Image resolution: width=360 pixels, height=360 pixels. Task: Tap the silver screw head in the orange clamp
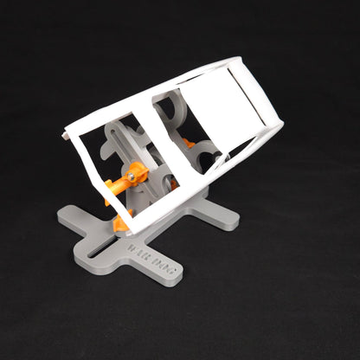pyautogui.click(x=129, y=177)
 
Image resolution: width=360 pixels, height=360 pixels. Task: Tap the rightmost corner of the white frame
pyautogui.click(x=281, y=125)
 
